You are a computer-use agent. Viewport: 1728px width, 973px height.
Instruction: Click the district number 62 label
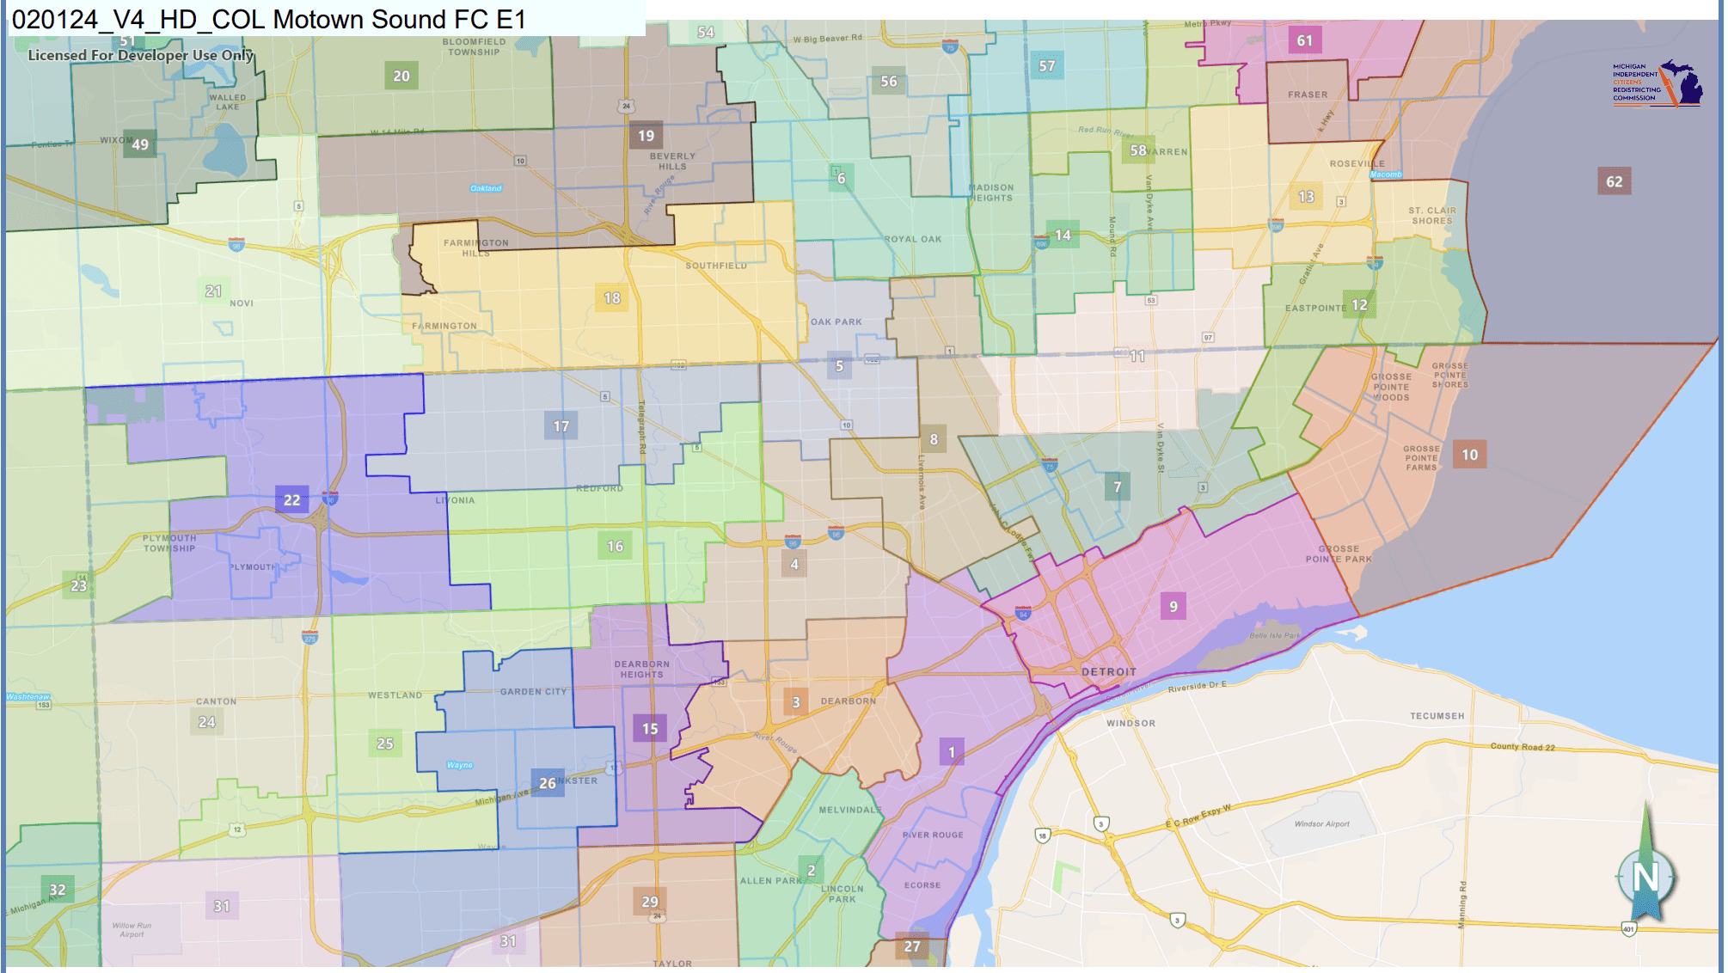pyautogui.click(x=1614, y=181)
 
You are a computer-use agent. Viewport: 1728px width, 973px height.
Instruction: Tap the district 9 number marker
pyautogui.click(x=1173, y=606)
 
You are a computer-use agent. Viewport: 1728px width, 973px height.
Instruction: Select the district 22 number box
pyautogui.click(x=292, y=499)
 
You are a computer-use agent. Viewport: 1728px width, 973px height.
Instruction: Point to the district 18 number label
pyautogui.click(x=611, y=297)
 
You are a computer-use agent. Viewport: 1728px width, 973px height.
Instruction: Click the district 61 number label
pyautogui.click(x=1304, y=40)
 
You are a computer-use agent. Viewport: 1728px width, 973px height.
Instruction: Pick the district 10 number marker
pyautogui.click(x=1469, y=455)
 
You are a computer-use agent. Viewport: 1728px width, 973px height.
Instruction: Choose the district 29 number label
pyautogui.click(x=650, y=901)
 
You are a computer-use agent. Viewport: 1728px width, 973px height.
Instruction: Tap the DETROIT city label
pyautogui.click(x=1108, y=672)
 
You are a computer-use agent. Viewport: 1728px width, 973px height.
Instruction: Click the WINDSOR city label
pyautogui.click(x=1131, y=724)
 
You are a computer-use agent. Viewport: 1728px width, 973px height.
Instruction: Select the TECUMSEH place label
pyautogui.click(x=1437, y=716)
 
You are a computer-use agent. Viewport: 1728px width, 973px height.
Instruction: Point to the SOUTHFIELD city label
pyautogui.click(x=715, y=266)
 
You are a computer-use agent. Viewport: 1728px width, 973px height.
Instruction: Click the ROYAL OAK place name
pyautogui.click(x=913, y=239)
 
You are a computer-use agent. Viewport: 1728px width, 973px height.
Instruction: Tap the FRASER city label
pyautogui.click(x=1307, y=95)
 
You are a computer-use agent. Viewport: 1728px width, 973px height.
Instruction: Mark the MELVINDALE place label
pyautogui.click(x=849, y=810)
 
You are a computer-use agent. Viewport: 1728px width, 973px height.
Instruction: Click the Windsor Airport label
pyautogui.click(x=1321, y=823)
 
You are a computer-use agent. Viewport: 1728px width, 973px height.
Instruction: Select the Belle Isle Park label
pyautogui.click(x=1274, y=635)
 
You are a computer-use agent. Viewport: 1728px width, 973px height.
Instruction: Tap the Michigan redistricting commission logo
pyautogui.click(x=1657, y=83)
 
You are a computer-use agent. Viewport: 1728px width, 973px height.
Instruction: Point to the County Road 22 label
pyautogui.click(x=1523, y=746)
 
